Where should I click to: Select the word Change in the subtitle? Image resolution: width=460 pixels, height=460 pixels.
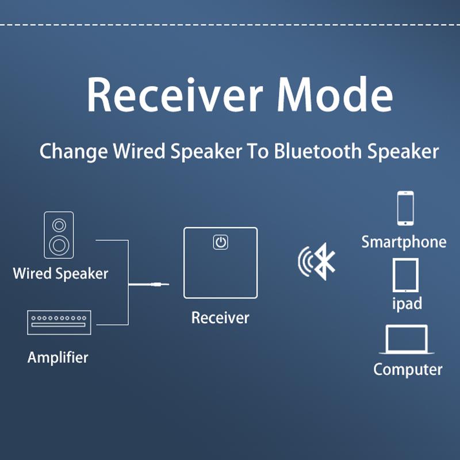click(73, 152)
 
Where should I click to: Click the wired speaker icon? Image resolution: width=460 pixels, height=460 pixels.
click(59, 235)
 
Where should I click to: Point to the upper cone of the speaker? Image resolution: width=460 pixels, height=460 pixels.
click(59, 224)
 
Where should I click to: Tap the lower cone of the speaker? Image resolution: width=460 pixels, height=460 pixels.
click(59, 246)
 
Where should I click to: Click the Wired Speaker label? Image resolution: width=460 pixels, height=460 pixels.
click(60, 273)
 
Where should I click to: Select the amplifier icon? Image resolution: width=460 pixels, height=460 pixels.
click(58, 321)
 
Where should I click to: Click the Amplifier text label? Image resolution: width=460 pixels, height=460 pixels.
click(58, 357)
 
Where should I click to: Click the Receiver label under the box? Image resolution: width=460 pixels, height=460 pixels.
click(220, 317)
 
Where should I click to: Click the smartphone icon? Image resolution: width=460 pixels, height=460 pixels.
click(405, 208)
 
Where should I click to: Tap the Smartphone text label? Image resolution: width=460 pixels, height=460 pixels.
click(404, 242)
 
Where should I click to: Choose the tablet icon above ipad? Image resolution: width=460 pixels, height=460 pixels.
click(405, 275)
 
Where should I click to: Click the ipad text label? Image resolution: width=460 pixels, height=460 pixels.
click(407, 303)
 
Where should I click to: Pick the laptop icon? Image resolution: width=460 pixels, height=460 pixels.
click(407, 339)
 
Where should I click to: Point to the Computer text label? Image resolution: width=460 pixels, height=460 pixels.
click(408, 369)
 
